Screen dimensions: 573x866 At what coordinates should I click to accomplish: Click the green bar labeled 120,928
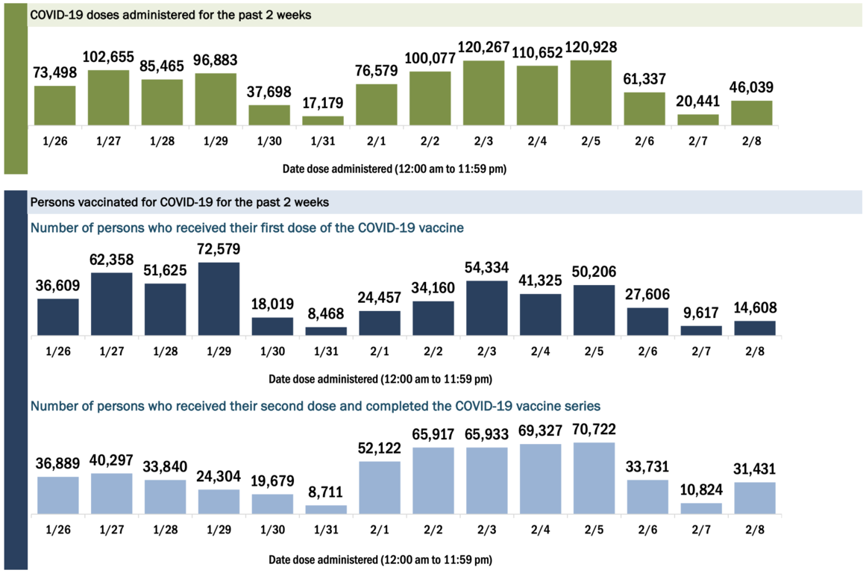(x=592, y=93)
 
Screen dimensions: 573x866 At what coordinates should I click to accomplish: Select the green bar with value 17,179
(x=323, y=120)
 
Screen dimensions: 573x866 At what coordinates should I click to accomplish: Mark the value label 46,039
(x=752, y=88)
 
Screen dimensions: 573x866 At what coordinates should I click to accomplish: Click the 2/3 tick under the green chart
(x=484, y=140)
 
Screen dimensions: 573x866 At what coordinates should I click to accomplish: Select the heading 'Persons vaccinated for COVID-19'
(x=179, y=201)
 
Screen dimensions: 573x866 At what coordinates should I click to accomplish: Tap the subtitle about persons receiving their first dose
(x=246, y=227)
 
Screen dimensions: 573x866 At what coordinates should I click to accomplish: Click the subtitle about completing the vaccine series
(x=316, y=406)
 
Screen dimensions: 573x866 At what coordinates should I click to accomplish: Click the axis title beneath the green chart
(x=395, y=169)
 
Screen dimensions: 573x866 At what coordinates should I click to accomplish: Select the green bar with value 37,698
(x=269, y=115)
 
